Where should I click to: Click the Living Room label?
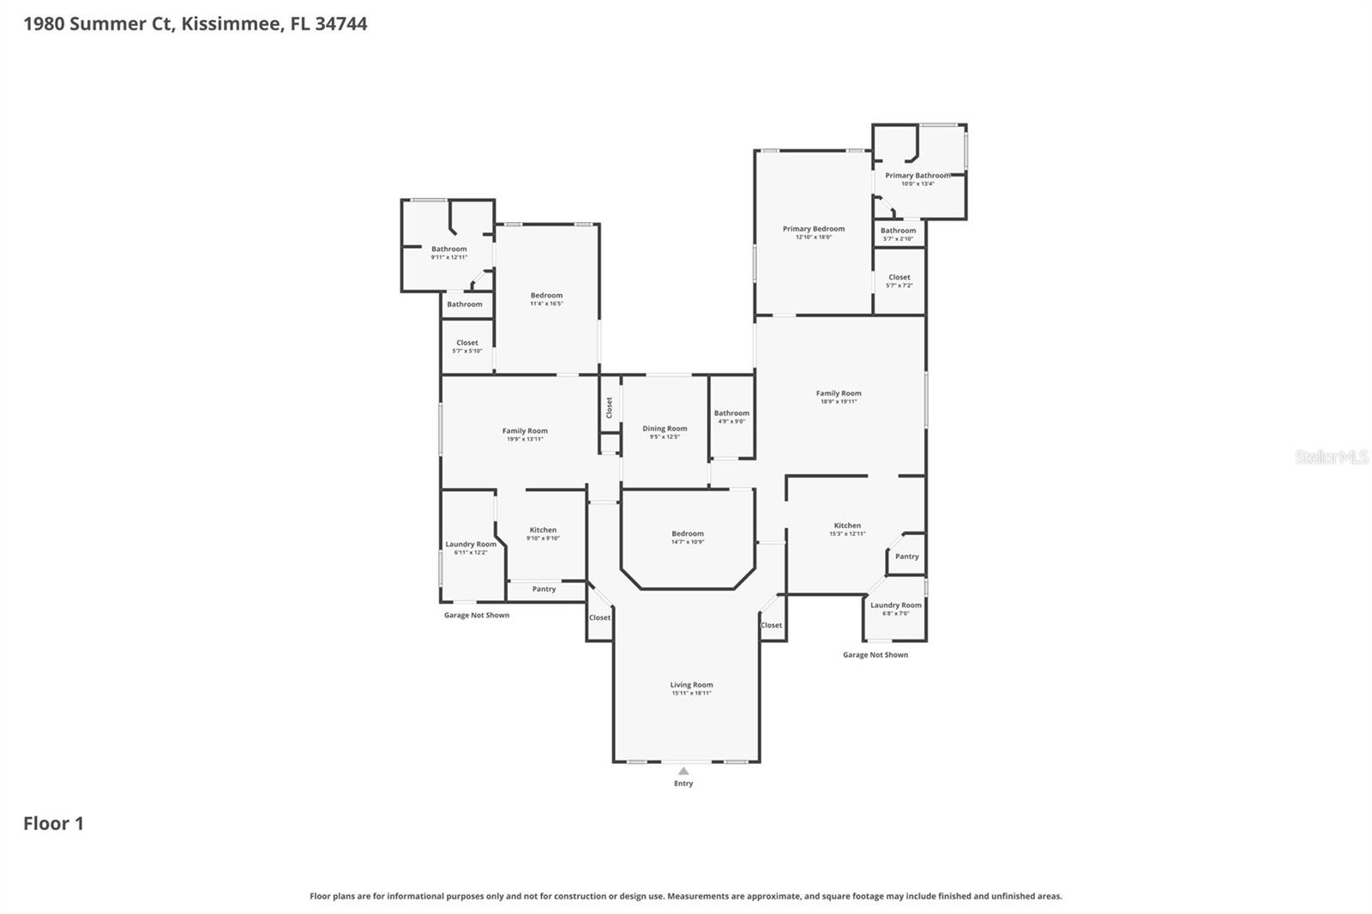click(x=691, y=685)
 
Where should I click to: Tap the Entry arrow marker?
click(x=683, y=772)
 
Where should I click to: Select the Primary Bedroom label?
click(x=813, y=229)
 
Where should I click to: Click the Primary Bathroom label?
click(x=918, y=176)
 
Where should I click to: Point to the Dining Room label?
click(x=665, y=429)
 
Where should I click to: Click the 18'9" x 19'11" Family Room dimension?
click(x=839, y=401)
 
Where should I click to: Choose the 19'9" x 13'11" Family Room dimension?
click(x=525, y=439)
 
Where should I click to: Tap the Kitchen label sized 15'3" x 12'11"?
click(x=847, y=526)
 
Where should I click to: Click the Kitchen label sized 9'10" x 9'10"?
click(x=543, y=530)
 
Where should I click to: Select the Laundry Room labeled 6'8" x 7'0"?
click(x=896, y=605)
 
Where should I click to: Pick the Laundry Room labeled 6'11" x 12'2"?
click(x=471, y=544)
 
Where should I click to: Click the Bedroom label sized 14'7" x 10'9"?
click(x=688, y=533)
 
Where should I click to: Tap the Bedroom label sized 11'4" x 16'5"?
click(x=546, y=295)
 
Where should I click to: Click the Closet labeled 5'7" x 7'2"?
click(x=900, y=277)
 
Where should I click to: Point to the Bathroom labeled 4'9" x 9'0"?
click(x=731, y=413)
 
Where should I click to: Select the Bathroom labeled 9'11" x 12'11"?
click(x=449, y=249)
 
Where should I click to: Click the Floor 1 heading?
click(x=53, y=824)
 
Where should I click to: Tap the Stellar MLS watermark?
click(x=1331, y=457)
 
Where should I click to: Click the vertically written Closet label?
click(x=610, y=407)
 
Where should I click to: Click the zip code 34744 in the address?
click(x=341, y=24)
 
